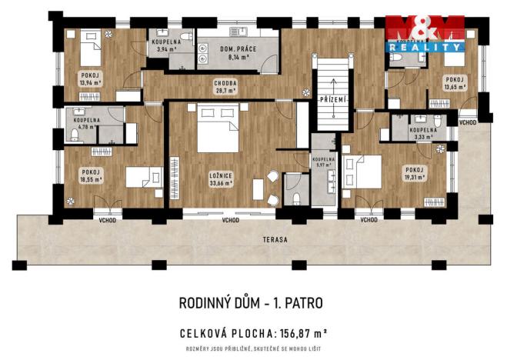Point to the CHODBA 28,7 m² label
[226, 87]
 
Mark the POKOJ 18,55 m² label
[91, 175]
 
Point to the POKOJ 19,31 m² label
[415, 173]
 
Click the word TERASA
[273, 240]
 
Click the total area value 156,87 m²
[299, 333]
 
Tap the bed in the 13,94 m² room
[90, 51]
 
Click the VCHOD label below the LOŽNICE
[230, 221]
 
